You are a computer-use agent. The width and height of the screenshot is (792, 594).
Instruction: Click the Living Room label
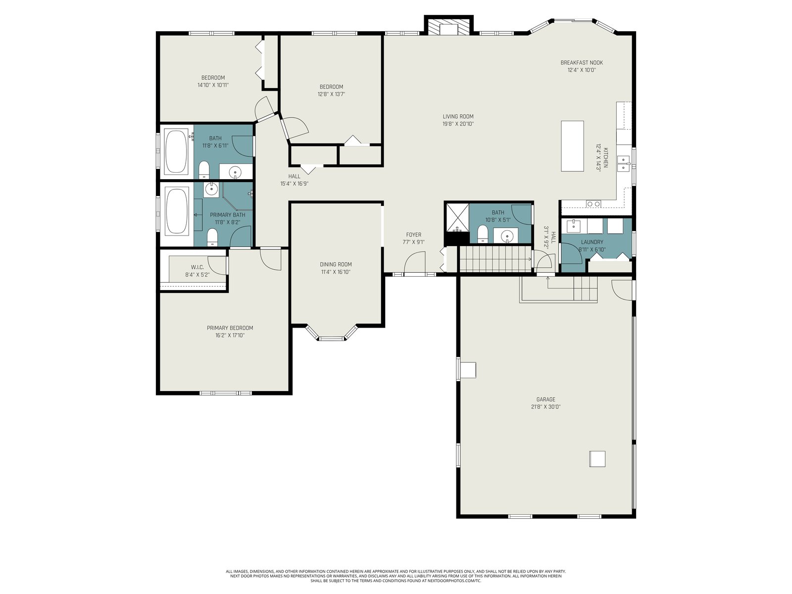(x=458, y=116)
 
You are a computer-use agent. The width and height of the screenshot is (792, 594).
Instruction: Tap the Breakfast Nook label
(x=581, y=63)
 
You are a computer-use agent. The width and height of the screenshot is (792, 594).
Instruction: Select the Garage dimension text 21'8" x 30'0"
(x=545, y=407)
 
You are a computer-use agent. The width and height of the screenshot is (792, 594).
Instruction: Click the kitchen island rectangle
(x=572, y=146)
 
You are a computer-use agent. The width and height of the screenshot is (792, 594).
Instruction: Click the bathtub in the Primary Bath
(x=177, y=211)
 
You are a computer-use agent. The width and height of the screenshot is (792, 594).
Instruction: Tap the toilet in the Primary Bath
(x=212, y=237)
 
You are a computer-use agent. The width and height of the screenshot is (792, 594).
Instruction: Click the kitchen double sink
(x=623, y=163)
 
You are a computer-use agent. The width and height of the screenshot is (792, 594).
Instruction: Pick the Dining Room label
(x=336, y=264)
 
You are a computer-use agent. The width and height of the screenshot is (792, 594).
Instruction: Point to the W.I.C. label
(x=198, y=267)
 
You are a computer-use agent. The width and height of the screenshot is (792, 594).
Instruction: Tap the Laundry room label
(x=592, y=242)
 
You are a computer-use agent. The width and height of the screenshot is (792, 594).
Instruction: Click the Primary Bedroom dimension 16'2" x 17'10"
(x=230, y=336)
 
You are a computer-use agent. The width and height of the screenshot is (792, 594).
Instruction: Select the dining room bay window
(x=332, y=333)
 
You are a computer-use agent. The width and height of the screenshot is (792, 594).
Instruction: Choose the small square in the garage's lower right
(x=597, y=459)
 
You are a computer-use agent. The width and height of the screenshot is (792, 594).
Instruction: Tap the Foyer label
(x=413, y=235)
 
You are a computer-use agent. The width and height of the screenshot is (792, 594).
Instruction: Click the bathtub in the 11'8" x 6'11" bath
(x=176, y=151)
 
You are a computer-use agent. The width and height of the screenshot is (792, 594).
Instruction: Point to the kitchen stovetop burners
(x=594, y=204)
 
